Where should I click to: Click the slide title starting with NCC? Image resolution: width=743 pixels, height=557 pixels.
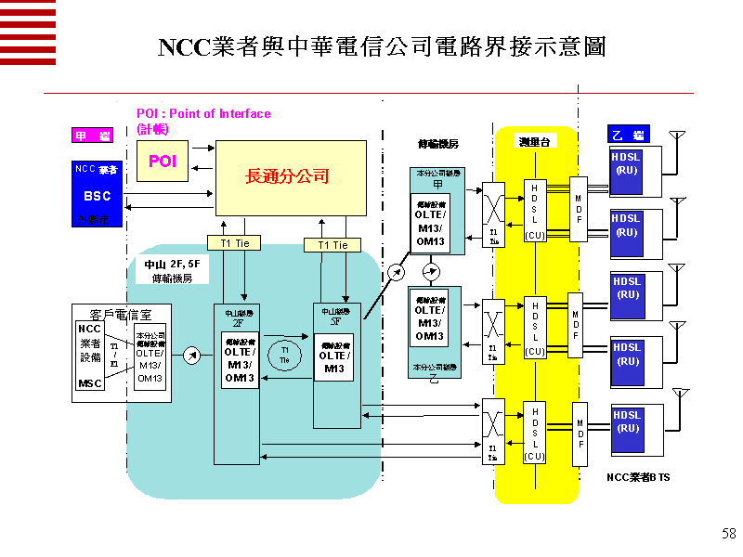pyautogui.click(x=382, y=47)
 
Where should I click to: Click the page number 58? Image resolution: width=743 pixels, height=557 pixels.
pyautogui.click(x=728, y=534)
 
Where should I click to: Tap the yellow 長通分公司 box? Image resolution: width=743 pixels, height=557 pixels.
pyautogui.click(x=291, y=176)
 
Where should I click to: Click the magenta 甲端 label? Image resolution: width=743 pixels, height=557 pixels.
pyautogui.click(x=93, y=136)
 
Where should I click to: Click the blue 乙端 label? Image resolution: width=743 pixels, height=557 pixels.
pyautogui.click(x=628, y=136)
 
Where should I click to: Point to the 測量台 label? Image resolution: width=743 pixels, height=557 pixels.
pyautogui.click(x=537, y=141)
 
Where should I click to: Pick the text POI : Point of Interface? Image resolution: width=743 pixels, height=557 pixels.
pyautogui.click(x=203, y=114)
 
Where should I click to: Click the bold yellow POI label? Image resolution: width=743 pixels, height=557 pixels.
pyautogui.click(x=163, y=162)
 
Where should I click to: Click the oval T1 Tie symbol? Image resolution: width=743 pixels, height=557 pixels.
pyautogui.click(x=285, y=356)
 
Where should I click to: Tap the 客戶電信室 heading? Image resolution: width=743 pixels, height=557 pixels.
pyautogui.click(x=122, y=314)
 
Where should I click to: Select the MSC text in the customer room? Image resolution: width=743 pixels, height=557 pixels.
pyautogui.click(x=90, y=383)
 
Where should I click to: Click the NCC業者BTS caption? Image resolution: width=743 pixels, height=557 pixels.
pyautogui.click(x=638, y=477)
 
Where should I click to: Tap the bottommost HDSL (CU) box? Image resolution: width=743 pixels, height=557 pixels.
pyautogui.click(x=535, y=432)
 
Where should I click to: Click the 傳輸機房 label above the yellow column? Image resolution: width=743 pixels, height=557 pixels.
pyautogui.click(x=437, y=144)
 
